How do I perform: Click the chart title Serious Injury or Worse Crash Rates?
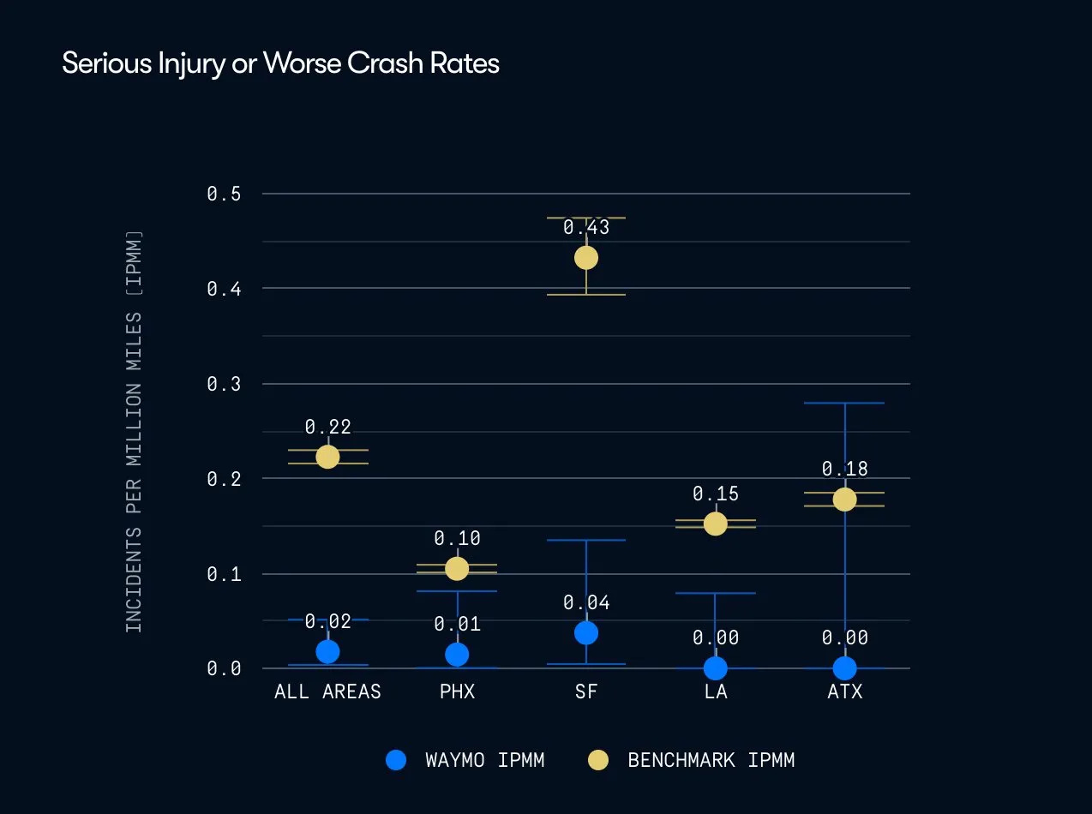(280, 63)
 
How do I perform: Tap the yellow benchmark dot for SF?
(586, 257)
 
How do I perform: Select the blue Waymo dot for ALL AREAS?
(327, 651)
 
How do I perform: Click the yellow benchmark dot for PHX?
(457, 568)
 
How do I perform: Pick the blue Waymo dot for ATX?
(844, 667)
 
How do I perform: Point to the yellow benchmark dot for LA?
(715, 524)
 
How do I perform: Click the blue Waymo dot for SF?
(586, 632)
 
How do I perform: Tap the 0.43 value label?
(586, 228)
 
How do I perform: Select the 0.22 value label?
(327, 427)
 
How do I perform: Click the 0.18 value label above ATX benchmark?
(844, 469)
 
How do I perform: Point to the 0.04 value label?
(586, 603)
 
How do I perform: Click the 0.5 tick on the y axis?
(223, 194)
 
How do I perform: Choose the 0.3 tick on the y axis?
(223, 384)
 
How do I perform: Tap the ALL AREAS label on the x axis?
(327, 692)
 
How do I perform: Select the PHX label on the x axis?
(457, 692)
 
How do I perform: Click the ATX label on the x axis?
(844, 692)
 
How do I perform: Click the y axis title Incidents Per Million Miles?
(134, 431)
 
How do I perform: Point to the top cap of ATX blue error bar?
(844, 403)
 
